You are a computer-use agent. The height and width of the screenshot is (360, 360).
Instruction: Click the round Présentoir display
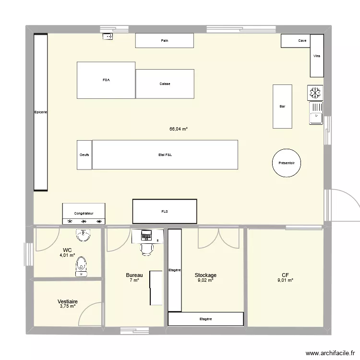287,163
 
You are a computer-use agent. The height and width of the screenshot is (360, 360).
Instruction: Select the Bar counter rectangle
282,106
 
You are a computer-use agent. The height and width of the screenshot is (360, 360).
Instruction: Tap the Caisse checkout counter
165,84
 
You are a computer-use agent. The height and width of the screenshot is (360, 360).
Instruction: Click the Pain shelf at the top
164,41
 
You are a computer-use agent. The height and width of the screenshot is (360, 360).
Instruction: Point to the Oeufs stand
84,155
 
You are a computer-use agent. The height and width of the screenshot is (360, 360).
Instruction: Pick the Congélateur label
84,213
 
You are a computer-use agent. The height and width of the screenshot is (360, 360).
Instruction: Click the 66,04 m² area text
178,129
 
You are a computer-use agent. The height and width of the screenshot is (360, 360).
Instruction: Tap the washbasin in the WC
83,235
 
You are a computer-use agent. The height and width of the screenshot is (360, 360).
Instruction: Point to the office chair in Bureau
146,248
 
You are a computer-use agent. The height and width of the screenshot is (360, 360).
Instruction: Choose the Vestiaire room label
68,301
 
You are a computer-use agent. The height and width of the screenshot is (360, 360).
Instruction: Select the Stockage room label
205,276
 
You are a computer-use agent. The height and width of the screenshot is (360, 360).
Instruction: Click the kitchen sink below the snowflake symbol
316,113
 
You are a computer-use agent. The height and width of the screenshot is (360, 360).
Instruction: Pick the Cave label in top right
302,41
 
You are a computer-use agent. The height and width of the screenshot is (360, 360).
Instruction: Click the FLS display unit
165,211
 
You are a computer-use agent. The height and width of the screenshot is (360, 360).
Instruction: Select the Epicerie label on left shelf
40,112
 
